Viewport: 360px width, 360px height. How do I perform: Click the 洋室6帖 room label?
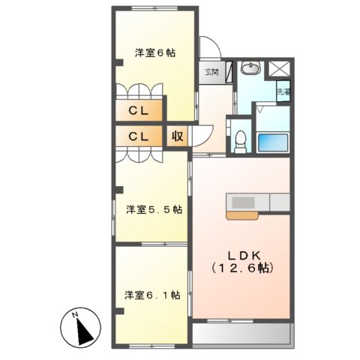(155, 52)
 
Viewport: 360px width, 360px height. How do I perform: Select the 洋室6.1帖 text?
(152, 295)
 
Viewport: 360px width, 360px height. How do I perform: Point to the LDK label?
(241, 253)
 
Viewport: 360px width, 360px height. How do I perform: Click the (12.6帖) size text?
(241, 268)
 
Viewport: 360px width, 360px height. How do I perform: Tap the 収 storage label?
(177, 137)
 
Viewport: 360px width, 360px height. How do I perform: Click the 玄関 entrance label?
(211, 73)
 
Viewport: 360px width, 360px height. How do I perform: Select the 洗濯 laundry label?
(283, 93)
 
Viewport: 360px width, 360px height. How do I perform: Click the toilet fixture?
(240, 139)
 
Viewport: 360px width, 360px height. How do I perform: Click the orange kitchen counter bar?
(244, 215)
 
